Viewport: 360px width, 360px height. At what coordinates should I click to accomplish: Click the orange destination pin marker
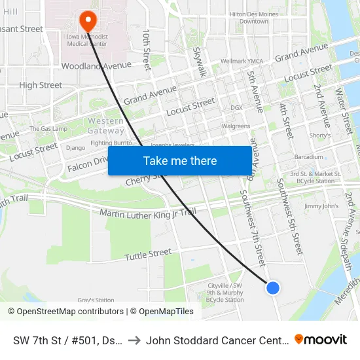pyautogui.click(x=86, y=20)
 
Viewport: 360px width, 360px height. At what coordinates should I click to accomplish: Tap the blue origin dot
pyautogui.click(x=273, y=287)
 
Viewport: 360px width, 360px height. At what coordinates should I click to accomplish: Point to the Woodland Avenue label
pyautogui.click(x=96, y=65)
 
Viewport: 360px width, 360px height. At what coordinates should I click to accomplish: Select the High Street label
pyautogui.click(x=41, y=85)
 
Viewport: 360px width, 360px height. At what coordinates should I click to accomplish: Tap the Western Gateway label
pyautogui.click(x=105, y=126)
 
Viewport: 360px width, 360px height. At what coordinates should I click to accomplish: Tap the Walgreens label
pyautogui.click(x=236, y=126)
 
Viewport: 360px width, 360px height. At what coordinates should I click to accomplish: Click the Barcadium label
pyautogui.click(x=309, y=157)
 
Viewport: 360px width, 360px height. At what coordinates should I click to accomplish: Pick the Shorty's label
pyautogui.click(x=320, y=135)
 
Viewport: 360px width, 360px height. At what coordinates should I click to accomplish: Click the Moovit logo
pyautogui.click(x=321, y=339)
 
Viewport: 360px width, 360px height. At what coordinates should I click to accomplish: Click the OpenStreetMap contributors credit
pyautogui.click(x=66, y=312)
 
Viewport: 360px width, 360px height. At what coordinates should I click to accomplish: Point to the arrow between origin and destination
pyautogui.click(x=132, y=340)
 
